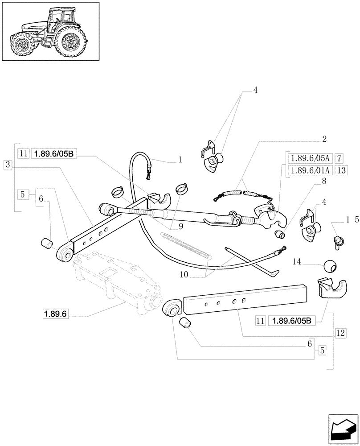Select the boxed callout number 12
341,332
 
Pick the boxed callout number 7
340,158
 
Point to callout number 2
324,139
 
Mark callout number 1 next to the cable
180,159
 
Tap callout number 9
180,226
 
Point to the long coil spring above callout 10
186,245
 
